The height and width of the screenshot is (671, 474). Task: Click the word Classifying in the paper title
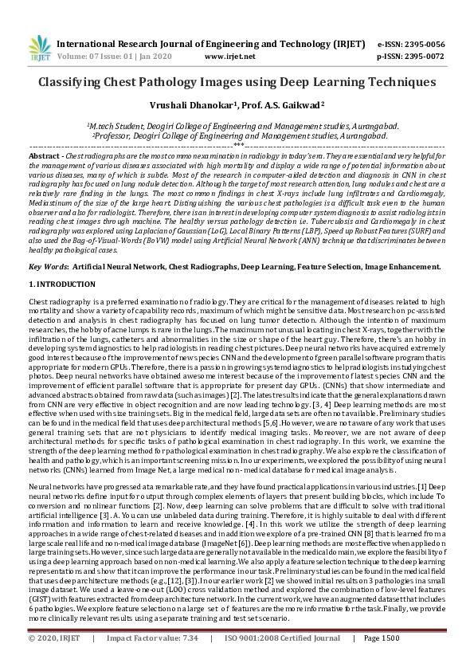coord(76,82)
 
